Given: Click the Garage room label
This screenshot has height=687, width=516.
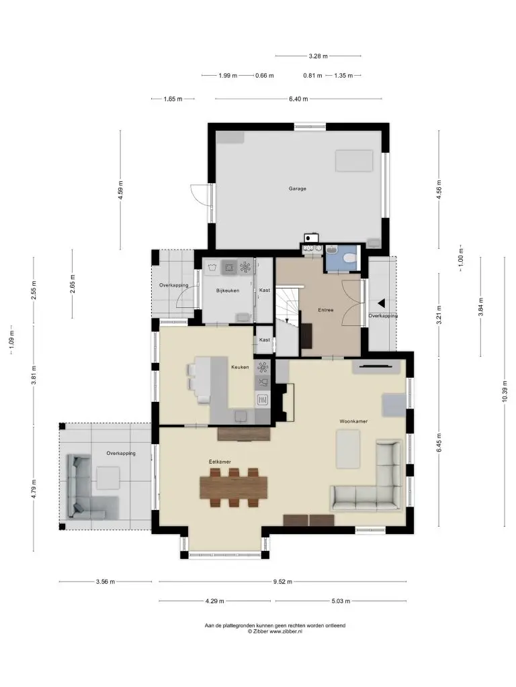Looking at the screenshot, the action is click(x=297, y=189).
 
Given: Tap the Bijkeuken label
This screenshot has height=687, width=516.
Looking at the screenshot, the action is click(x=227, y=290).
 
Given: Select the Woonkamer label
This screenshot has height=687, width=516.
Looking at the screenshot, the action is click(x=353, y=421).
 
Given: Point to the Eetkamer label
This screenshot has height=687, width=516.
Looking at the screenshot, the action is click(x=220, y=462).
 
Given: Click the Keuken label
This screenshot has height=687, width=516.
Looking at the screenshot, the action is click(x=240, y=367).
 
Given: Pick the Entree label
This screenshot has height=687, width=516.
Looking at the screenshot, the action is click(x=326, y=310).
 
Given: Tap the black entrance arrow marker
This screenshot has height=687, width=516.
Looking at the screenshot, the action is click(x=382, y=303).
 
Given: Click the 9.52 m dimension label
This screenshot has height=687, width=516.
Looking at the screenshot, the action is click(x=283, y=582).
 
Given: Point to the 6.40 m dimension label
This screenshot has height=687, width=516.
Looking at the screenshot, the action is click(x=298, y=99).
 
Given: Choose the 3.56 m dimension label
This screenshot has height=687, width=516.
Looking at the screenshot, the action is click(x=105, y=582).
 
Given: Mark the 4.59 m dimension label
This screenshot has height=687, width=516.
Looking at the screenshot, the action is click(x=121, y=190).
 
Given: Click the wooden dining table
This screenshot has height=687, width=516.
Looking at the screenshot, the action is click(x=233, y=487).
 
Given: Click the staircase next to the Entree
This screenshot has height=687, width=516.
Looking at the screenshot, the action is click(x=288, y=320).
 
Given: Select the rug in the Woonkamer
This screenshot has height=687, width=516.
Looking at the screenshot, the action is click(x=348, y=449).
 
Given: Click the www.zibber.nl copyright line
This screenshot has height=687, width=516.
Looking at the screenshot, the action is click(x=275, y=631).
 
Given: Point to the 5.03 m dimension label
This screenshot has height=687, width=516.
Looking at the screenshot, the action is click(x=341, y=601).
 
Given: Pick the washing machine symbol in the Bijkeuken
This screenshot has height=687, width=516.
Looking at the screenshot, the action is click(x=212, y=268).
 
